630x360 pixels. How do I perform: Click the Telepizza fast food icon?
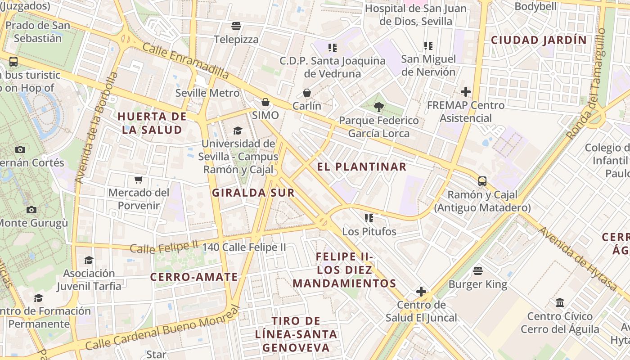click(236, 26)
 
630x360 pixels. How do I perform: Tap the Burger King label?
click(477, 284)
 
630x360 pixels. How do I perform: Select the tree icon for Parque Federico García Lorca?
click(378, 107)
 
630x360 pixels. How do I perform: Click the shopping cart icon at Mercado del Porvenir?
click(139, 180)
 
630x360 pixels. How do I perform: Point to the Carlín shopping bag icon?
click(306, 93)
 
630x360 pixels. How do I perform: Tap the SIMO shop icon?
click(265, 103)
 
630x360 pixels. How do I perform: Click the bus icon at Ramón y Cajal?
click(482, 181)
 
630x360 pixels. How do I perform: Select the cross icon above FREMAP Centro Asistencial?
click(465, 92)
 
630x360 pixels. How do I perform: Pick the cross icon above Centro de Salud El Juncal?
click(421, 292)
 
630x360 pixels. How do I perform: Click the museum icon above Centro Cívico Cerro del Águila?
click(560, 303)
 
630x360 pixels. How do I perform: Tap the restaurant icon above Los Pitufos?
click(369, 219)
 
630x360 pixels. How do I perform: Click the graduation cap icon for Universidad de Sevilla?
click(238, 131)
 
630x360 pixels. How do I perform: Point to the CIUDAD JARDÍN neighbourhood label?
click(539, 40)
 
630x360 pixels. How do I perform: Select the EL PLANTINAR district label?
click(361, 167)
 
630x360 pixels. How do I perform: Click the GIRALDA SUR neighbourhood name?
click(253, 193)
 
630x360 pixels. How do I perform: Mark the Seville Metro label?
click(207, 93)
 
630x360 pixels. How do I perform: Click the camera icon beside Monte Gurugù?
click(31, 210)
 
